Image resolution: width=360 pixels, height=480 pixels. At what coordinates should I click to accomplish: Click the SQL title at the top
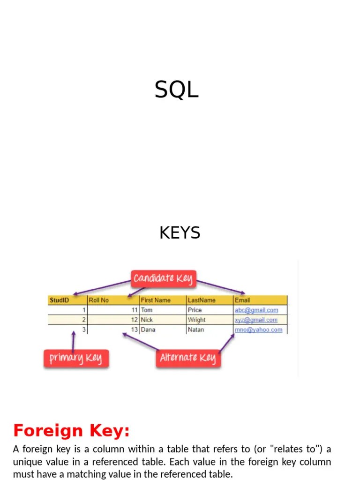177,90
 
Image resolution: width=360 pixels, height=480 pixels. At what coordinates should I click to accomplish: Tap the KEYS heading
180,232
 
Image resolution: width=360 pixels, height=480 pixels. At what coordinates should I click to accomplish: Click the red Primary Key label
75,359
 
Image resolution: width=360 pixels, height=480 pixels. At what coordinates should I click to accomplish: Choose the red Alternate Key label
187,358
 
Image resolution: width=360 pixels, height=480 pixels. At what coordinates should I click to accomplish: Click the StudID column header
60,300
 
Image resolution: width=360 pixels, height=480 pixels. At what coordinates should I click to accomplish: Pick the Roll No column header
99,300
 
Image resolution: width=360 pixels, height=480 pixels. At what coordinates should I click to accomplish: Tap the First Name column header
156,300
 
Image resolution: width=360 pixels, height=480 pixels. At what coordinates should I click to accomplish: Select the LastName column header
202,300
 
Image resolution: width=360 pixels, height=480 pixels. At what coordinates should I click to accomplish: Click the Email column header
243,300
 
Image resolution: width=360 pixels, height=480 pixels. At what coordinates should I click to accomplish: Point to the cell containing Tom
147,310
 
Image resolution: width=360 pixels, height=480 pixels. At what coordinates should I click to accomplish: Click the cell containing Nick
147,320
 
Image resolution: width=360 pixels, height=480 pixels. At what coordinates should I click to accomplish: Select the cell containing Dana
148,330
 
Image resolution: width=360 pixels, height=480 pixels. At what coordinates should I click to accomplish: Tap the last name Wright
196,320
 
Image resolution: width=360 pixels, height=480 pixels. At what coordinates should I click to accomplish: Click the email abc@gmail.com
256,310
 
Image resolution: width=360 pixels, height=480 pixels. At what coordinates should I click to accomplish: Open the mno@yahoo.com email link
259,330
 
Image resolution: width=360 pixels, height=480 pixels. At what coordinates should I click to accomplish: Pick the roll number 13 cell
135,330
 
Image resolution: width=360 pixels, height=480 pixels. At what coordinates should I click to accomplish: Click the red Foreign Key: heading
71,430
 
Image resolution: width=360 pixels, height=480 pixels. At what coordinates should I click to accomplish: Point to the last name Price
195,310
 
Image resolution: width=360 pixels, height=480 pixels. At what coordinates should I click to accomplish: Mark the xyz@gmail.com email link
256,320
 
